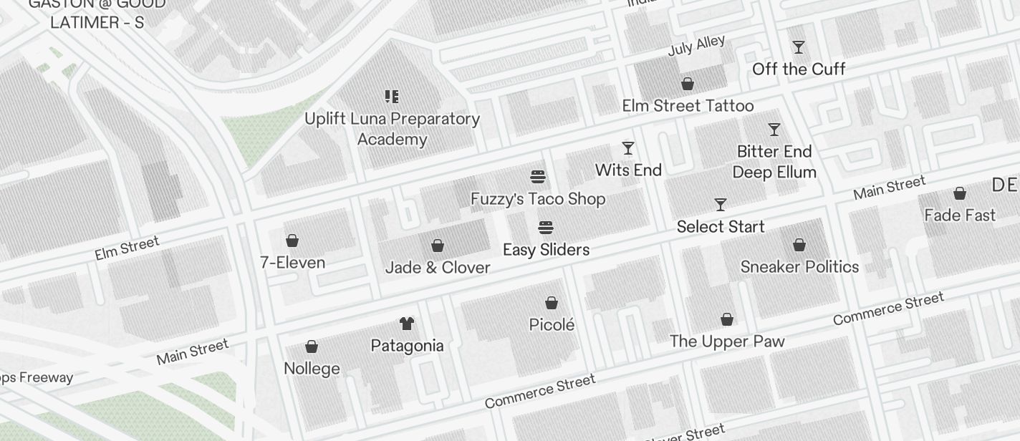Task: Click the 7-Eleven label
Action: tap(292, 263)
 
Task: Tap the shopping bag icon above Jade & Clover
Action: tap(438, 246)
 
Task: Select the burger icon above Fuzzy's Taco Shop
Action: tap(538, 177)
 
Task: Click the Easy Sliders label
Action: tap(546, 250)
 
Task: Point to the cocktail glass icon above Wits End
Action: tap(628, 148)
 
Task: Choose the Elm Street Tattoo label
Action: tap(688, 106)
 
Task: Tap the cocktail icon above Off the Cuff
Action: tap(799, 47)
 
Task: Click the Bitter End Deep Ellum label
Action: tap(774, 162)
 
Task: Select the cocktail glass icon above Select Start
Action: tap(721, 205)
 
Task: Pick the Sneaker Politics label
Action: tap(799, 267)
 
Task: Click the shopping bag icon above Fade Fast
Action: tap(960, 193)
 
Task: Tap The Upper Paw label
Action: tap(727, 341)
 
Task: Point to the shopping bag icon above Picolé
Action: tap(552, 303)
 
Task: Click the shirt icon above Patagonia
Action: tap(407, 324)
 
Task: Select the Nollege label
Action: tap(312, 369)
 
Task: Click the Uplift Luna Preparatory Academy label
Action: tap(392, 129)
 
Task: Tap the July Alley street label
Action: tap(696, 46)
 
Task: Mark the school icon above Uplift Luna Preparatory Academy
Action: tap(392, 96)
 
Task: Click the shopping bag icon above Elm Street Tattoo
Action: tap(688, 84)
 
